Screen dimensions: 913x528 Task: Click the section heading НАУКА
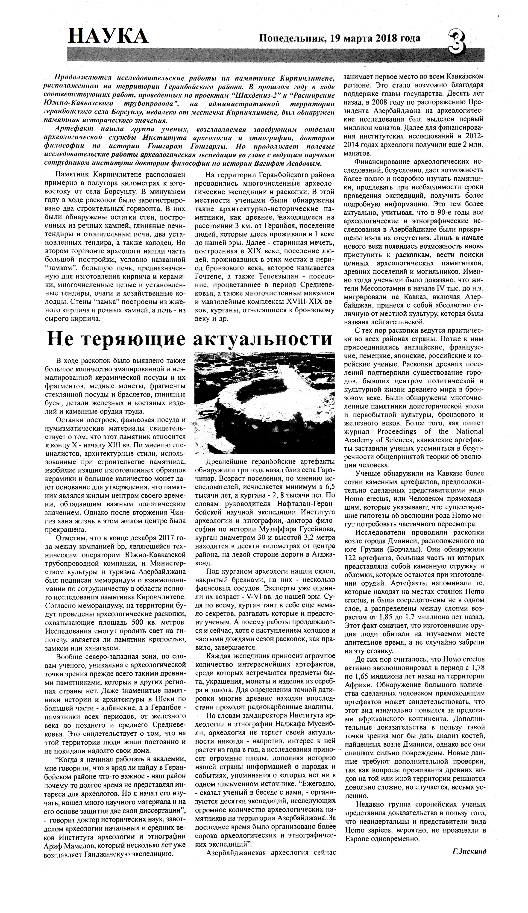click(x=108, y=37)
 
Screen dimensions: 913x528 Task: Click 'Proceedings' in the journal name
click(x=398, y=432)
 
